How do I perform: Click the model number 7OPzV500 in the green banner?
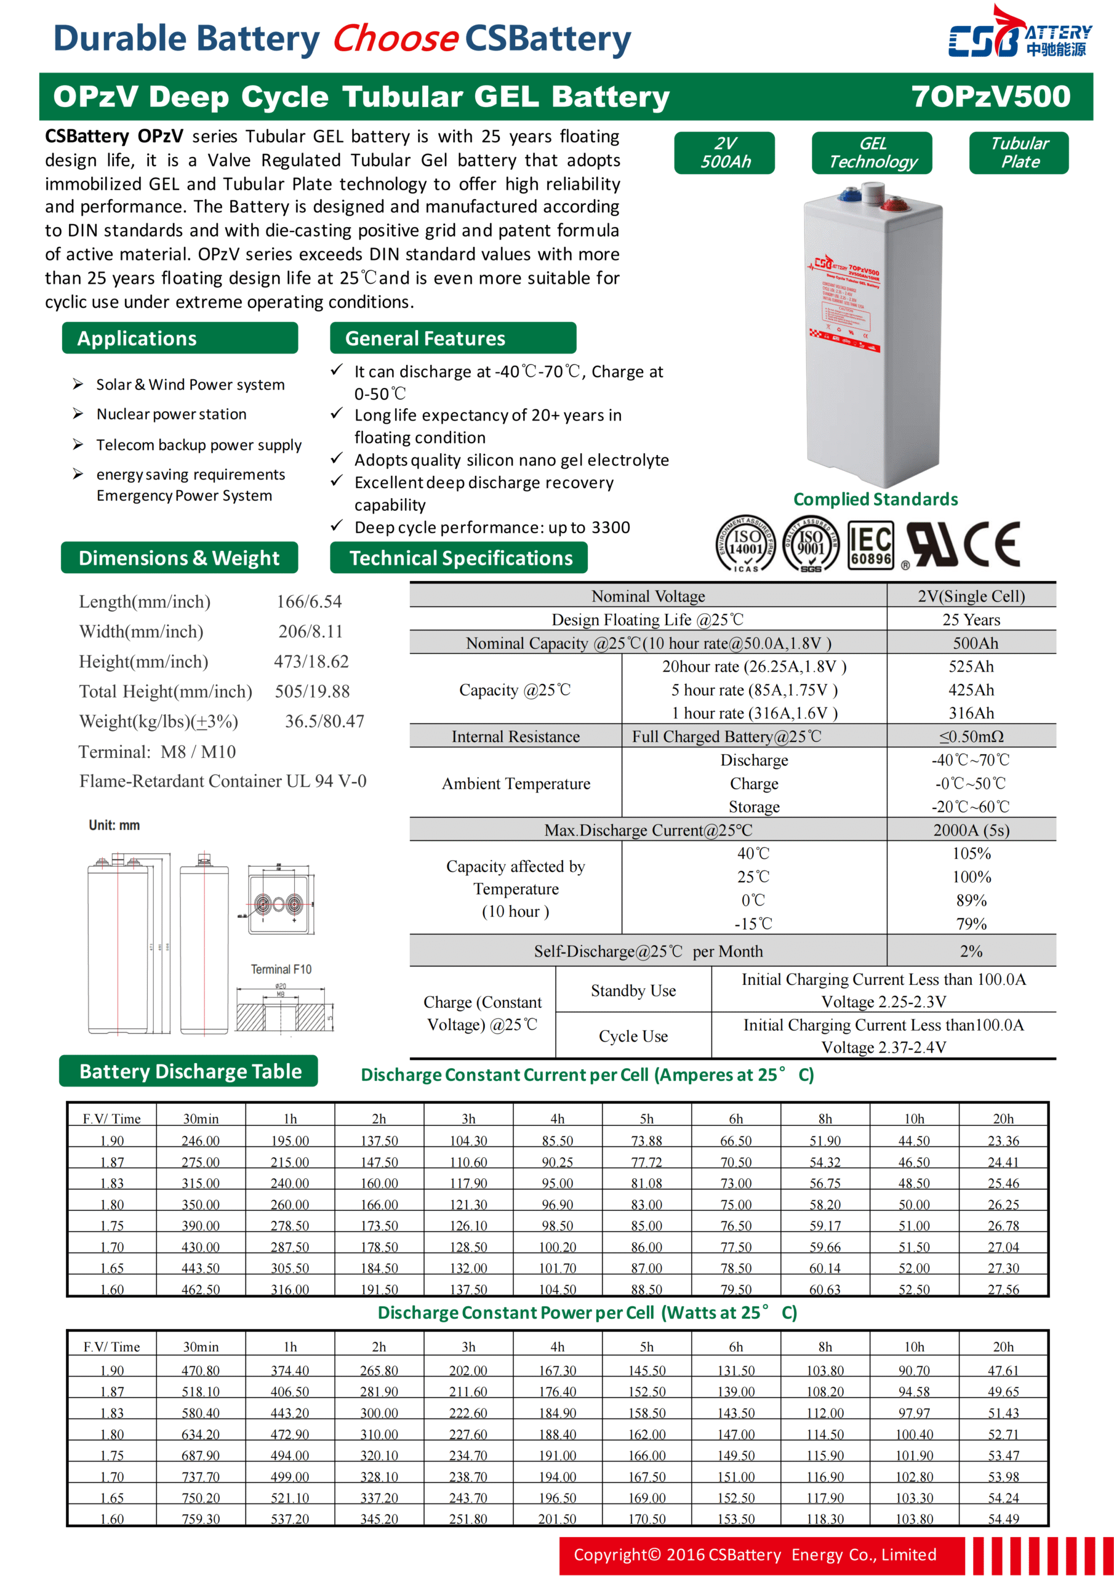pyautogui.click(x=990, y=97)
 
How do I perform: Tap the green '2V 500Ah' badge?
pyautogui.click(x=724, y=153)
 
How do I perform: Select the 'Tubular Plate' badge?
pyautogui.click(x=1019, y=153)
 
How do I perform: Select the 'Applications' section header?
pyautogui.click(x=137, y=339)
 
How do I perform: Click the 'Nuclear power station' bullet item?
pyautogui.click(x=171, y=414)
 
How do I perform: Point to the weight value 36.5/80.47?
pyautogui.click(x=324, y=722)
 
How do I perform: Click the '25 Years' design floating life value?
pyautogui.click(x=971, y=620)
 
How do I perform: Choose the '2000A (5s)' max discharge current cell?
pyautogui.click(x=971, y=830)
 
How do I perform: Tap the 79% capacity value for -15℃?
pyautogui.click(x=971, y=924)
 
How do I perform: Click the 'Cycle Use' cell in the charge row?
pyautogui.click(x=633, y=1036)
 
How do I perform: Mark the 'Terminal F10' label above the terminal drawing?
pyautogui.click(x=281, y=969)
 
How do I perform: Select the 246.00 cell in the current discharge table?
pyautogui.click(x=201, y=1141)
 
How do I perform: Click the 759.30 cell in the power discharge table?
pyautogui.click(x=201, y=1519)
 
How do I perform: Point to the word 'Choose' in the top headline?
pyautogui.click(x=395, y=39)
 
